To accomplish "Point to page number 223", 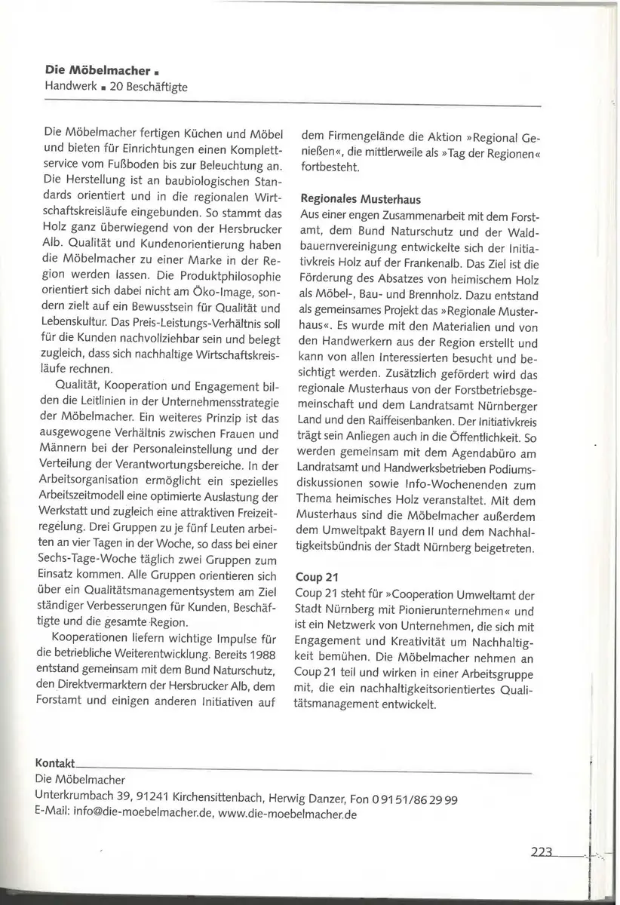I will click(542, 852).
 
